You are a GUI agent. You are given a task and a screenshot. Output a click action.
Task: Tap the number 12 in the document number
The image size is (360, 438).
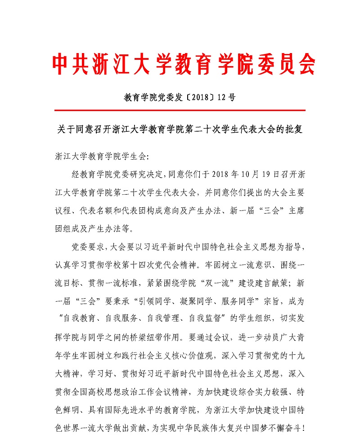point(222,96)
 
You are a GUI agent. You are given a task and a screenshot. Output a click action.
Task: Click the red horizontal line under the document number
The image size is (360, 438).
point(180,110)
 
